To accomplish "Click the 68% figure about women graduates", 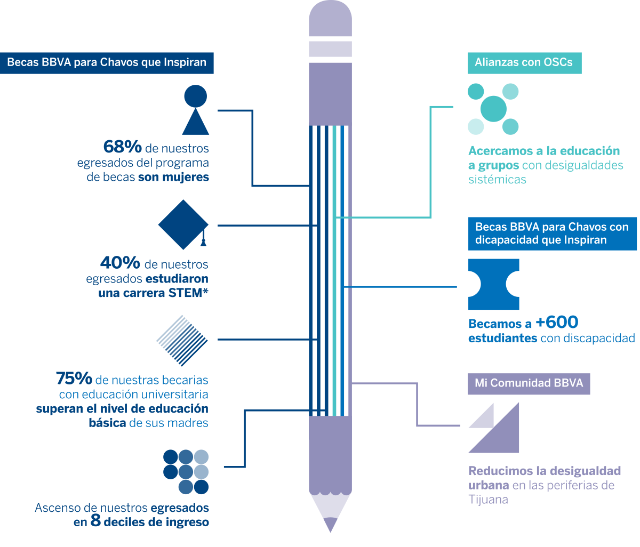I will pos(122,147).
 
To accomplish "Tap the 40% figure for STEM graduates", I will pos(120,263).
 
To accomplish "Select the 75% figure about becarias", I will pos(74,379).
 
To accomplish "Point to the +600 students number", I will pos(557,322).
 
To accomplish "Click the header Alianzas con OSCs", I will pos(524,62).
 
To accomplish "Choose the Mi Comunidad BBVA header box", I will pos(529,383).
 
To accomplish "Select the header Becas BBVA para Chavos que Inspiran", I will pos(107,62).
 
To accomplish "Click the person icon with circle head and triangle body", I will pos(195,110).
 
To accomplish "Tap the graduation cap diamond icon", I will pos(183,224).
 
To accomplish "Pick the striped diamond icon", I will pos(182,340).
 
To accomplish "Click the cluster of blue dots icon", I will pos(186,472).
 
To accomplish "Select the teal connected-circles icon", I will pos(493,109).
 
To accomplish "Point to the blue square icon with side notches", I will pos(493,284).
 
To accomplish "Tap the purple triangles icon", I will pos(494,428).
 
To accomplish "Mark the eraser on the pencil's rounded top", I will pos(330,19).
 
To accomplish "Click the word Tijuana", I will pos(488,500).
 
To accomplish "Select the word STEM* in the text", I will pos(188,293).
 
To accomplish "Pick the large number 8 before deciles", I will pos(95,521).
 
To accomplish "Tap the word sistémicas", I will pos(497,180).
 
